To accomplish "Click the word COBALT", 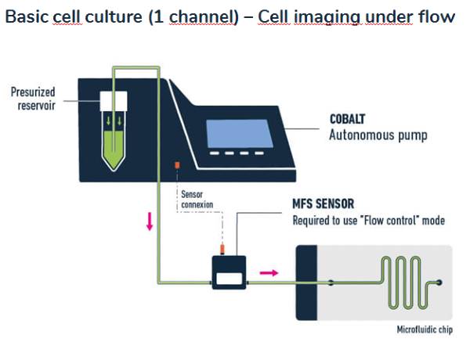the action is point(347,119).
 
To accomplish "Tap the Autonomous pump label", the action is point(378,135).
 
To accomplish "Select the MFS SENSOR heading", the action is point(323,204).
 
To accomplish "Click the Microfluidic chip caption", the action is point(425,329).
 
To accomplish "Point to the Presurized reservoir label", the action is point(33,99).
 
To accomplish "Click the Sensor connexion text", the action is point(197,200).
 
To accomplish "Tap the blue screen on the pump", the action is point(240,134).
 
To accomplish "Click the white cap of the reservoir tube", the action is point(114,101).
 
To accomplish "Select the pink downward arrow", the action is point(150,221).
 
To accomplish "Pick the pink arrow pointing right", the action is point(269,272).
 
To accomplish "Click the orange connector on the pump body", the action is point(177,165).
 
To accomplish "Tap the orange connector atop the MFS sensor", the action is point(222,249).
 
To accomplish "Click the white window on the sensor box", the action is point(230,279).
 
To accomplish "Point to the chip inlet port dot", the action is point(331,283).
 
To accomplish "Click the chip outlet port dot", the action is point(439,282).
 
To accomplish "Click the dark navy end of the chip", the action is point(306,283).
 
